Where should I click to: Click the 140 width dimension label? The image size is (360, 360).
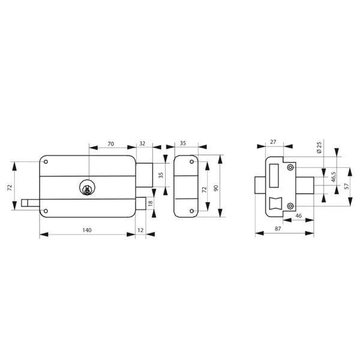(88, 230)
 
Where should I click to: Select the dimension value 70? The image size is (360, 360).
(111, 144)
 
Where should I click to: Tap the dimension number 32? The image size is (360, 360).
(142, 144)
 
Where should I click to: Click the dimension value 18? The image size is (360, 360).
(151, 203)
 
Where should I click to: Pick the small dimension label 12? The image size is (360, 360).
(140, 230)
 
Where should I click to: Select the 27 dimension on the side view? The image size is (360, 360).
(274, 142)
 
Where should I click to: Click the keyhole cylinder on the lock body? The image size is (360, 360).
(88, 188)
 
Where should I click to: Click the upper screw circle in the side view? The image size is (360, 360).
(290, 167)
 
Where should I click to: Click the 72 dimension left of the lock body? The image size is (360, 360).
(10, 187)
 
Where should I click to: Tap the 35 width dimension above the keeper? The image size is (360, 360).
(183, 144)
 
